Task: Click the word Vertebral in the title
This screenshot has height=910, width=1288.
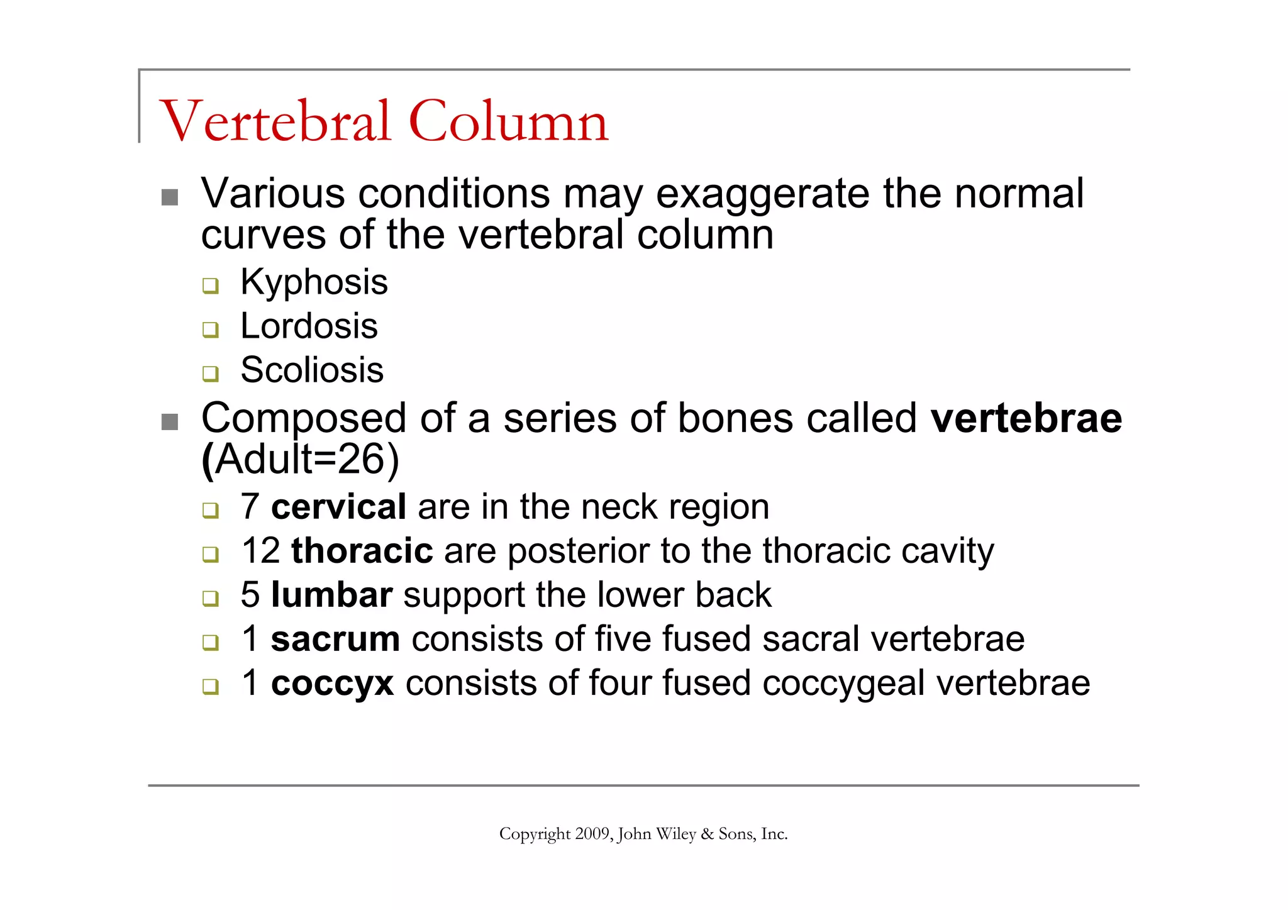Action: pyautogui.click(x=275, y=121)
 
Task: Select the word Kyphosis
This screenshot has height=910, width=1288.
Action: pyautogui.click(x=314, y=282)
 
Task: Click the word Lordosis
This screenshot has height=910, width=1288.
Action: pyautogui.click(x=309, y=326)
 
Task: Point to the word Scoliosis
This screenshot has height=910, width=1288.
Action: pyautogui.click(x=312, y=370)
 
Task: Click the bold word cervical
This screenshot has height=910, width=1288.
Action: pyautogui.click(x=338, y=507)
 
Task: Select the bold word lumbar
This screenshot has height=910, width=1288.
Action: pyautogui.click(x=331, y=595)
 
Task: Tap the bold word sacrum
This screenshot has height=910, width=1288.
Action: pyautogui.click(x=335, y=639)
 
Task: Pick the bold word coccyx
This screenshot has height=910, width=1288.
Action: pyautogui.click(x=332, y=684)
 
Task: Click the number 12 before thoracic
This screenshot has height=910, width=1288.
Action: pyautogui.click(x=260, y=551)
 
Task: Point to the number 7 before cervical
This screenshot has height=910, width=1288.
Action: pyautogui.click(x=250, y=507)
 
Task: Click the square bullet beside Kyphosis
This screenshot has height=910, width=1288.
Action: pyautogui.click(x=210, y=286)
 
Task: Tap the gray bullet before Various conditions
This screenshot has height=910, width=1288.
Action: pyautogui.click(x=169, y=197)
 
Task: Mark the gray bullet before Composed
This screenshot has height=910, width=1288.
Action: pyautogui.click(x=169, y=422)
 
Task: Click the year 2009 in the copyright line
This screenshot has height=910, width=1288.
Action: pyautogui.click(x=592, y=834)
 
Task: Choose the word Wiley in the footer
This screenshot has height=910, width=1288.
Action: pyautogui.click(x=675, y=834)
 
